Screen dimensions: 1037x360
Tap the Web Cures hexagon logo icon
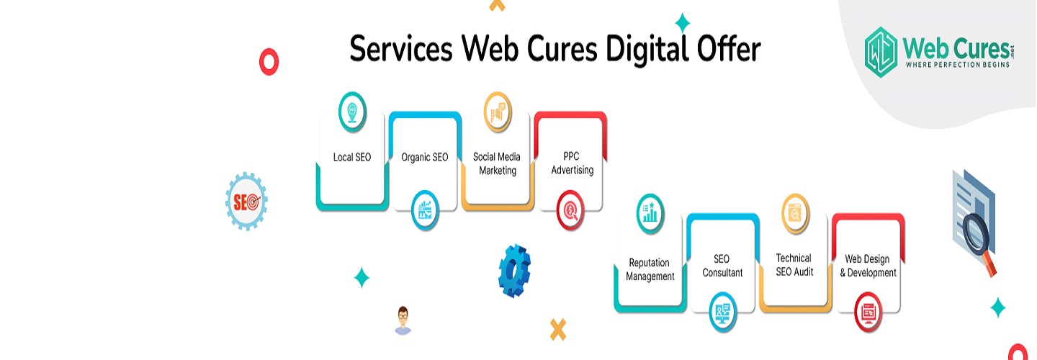881,52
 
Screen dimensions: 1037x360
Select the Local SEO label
352,158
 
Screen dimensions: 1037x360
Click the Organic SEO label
425,158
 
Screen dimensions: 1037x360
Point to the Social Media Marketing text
497,164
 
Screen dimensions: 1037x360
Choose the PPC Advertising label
573,163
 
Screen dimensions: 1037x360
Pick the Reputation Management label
650,269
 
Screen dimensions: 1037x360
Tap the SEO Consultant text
722,266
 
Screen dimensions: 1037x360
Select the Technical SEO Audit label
794,265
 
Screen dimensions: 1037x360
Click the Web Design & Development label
868,266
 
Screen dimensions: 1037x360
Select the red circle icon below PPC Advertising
570,210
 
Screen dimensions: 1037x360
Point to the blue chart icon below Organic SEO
425,210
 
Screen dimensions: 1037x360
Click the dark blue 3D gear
514,271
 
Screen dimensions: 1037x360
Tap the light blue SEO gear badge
246,202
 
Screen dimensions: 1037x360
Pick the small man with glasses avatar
403,320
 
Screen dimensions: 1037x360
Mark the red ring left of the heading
269,61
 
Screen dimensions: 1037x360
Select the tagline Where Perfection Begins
957,65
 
